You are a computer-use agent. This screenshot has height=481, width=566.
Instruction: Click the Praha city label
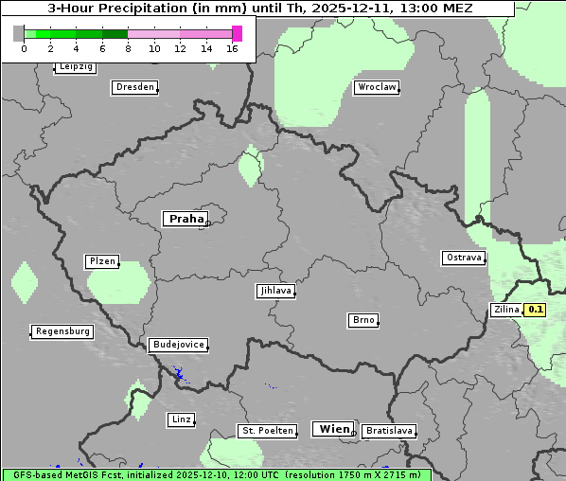[x=185, y=219]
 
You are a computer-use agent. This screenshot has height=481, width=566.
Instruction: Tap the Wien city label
[x=332, y=429]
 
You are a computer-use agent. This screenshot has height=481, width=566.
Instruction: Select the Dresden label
[x=134, y=87]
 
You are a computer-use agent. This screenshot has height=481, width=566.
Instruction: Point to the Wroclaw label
[x=377, y=87]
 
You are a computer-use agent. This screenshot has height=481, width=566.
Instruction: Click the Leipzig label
[x=75, y=66]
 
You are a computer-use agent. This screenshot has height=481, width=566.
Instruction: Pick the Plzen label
[x=101, y=261]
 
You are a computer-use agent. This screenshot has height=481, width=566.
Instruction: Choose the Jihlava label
[x=275, y=292]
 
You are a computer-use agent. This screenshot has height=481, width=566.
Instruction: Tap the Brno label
[x=363, y=320]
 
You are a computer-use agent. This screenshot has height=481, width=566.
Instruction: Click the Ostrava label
[x=464, y=258]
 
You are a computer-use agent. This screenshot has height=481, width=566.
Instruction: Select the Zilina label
[x=506, y=310]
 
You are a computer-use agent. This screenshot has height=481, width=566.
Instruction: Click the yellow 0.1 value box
[x=536, y=310]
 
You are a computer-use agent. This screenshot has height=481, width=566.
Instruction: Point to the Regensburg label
[x=62, y=331]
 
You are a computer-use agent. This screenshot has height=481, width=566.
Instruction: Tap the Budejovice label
[x=177, y=345]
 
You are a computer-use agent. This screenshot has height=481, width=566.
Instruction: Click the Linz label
[x=181, y=419]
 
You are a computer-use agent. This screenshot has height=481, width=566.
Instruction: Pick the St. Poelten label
[x=268, y=431]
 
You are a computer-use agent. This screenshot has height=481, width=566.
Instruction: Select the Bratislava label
[x=389, y=431]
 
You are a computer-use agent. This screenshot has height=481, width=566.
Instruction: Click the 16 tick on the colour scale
[x=232, y=48]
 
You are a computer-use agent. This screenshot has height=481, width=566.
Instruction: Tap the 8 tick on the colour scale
[x=128, y=48]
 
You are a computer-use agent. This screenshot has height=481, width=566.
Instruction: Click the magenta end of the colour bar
[x=237, y=34]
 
